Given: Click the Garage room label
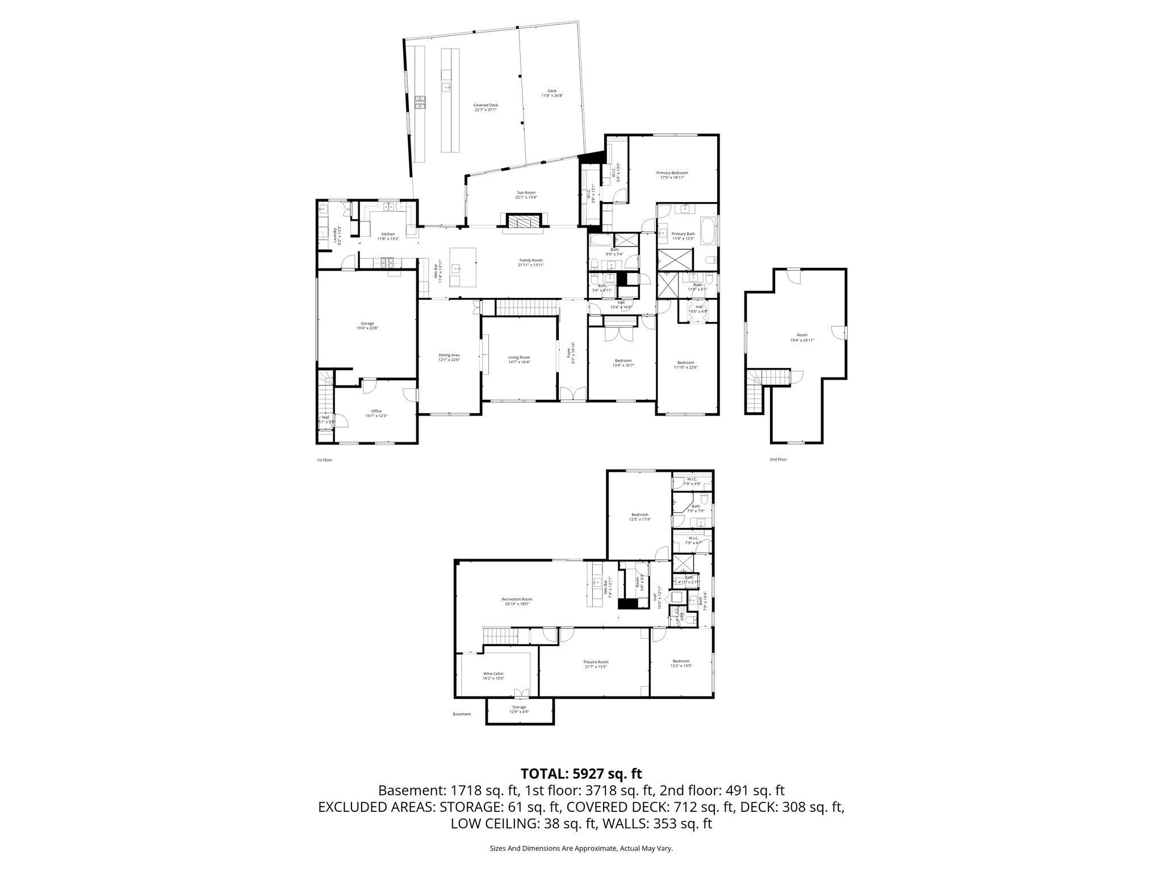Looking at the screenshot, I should (367, 325).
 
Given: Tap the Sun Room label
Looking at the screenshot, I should (525, 195).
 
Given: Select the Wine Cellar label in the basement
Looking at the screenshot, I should (493, 676).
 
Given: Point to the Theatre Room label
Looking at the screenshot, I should (596, 664).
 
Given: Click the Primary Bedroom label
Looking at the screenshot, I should (672, 175).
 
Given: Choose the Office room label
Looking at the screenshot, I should (376, 413).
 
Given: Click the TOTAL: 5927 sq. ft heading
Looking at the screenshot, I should (581, 773).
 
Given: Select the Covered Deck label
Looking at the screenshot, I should (486, 107).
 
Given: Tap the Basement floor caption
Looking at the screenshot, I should (462, 714).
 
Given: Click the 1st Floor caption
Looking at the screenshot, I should (324, 460).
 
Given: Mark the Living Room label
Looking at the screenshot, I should (519, 360).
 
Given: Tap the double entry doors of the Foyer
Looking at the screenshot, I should (572, 394).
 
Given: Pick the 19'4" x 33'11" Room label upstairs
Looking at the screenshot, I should (802, 338).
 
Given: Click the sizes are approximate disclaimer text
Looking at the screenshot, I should (581, 848).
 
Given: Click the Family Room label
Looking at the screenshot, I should (530, 262).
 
